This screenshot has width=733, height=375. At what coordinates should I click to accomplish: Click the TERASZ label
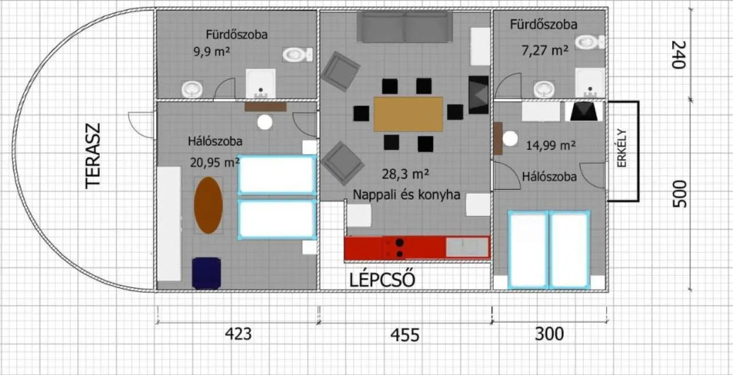click(x=94, y=156)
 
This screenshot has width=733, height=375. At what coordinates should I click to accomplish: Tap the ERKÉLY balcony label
click(x=623, y=151)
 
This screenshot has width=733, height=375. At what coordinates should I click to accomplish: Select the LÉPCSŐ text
click(x=383, y=280)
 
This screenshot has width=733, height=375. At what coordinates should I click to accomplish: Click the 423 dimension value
click(x=238, y=334)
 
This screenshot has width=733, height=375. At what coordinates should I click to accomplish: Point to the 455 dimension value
click(x=406, y=334)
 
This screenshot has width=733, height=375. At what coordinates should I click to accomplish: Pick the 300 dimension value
click(x=550, y=334)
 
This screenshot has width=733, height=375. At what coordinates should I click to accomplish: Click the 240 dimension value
click(x=677, y=55)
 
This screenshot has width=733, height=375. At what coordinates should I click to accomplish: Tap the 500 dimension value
click(x=677, y=193)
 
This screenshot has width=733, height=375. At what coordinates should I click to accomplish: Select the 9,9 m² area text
click(x=212, y=52)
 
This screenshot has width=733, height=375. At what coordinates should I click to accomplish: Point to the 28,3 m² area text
click(x=405, y=175)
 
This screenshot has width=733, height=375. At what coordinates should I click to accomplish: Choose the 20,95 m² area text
click(x=215, y=162)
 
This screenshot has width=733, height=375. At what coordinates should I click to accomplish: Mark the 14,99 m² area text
click(x=550, y=146)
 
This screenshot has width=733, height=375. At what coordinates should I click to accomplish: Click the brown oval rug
click(x=208, y=205)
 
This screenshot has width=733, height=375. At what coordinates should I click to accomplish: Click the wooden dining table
click(x=408, y=114)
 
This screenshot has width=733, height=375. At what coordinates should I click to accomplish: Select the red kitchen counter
click(x=417, y=247)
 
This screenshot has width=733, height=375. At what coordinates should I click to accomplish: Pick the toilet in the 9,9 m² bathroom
click(x=297, y=55)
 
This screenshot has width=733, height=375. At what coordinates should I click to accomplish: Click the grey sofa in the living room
click(x=405, y=27)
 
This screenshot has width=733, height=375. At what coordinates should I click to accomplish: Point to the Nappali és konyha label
click(x=407, y=194)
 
